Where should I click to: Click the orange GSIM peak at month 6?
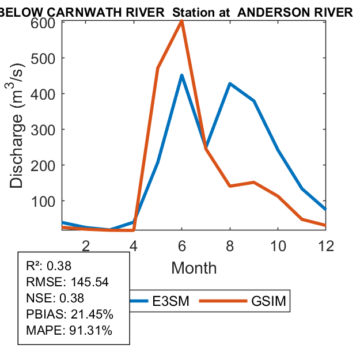point(182,21)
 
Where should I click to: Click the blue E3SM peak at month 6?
point(182,75)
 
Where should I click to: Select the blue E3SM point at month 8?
point(230,84)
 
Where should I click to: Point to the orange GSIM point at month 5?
point(158,68)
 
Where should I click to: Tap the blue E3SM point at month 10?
point(278,149)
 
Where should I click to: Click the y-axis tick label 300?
point(43,129)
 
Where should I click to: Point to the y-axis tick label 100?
point(43,201)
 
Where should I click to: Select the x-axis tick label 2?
point(86,246)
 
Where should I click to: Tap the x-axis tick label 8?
point(230,246)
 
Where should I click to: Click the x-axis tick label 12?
point(325,246)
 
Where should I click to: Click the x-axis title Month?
point(194,268)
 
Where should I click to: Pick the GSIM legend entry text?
point(269,301)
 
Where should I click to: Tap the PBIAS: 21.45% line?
point(70,314)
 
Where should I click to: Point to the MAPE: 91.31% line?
point(69,331)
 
